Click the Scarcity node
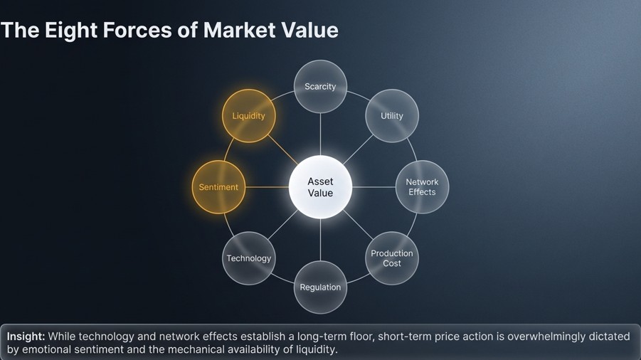pos(320,87)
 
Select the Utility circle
pos(391,116)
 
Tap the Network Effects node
pos(422,187)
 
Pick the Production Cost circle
pos(391,258)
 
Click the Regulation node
pos(320,287)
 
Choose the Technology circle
pos(248,258)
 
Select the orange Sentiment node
pos(218,187)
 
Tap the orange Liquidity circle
pos(248,116)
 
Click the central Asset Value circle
pos(320,187)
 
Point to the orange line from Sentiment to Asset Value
pos(267,187)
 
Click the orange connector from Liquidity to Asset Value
pos(283,149)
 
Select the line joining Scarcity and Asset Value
pos(320,134)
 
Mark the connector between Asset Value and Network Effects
pos(374,187)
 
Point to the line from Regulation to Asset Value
pos(320,240)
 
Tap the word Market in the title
pos(239,30)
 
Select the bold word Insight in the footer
pos(26,337)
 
